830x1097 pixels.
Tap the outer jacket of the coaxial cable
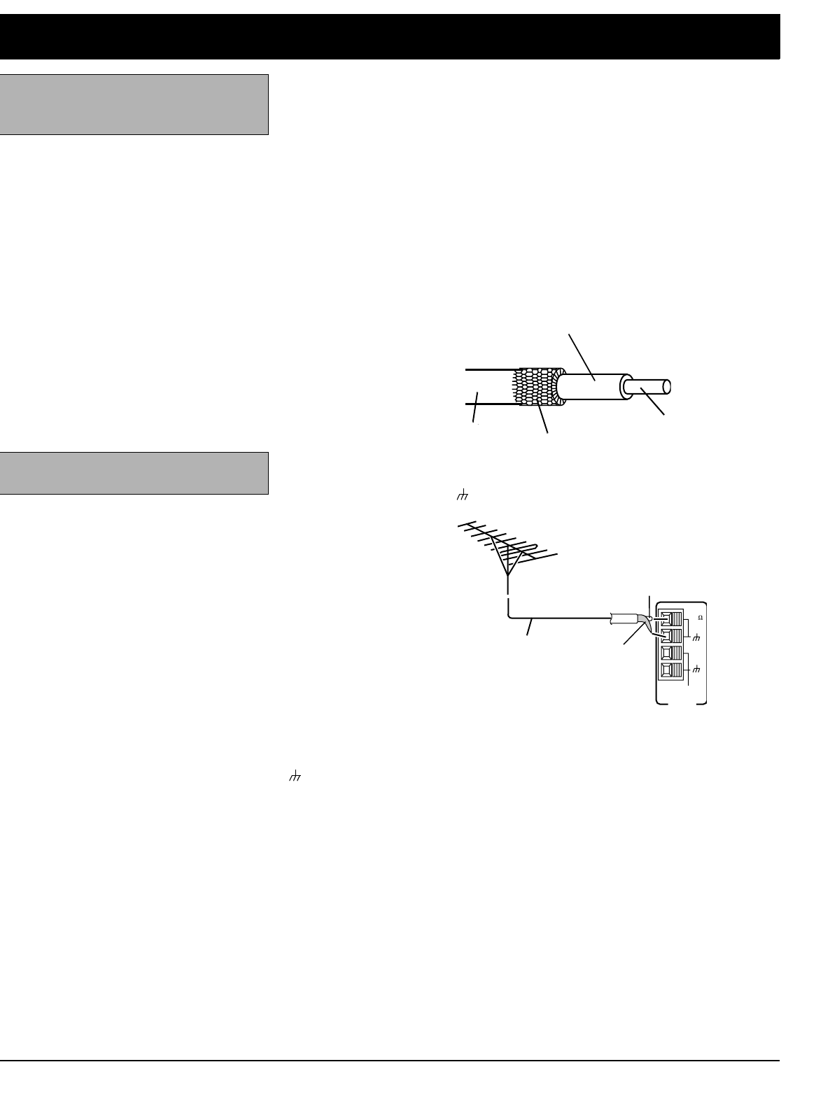coord(486,387)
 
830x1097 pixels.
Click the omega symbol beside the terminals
coord(701,618)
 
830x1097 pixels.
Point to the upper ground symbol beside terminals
coord(696,637)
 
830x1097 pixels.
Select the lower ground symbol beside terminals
coord(696,670)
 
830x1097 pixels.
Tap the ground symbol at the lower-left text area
coord(295,776)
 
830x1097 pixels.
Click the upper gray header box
coord(134,104)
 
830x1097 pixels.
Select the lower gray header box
coord(134,473)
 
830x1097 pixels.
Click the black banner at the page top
coord(390,36)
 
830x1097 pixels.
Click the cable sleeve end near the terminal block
coord(622,618)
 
